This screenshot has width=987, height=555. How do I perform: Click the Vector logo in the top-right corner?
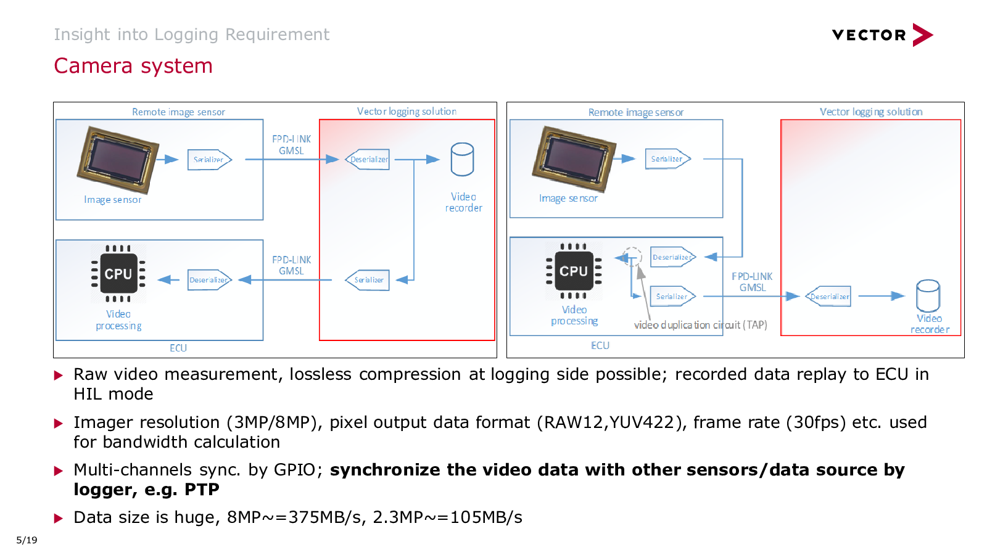tap(882, 35)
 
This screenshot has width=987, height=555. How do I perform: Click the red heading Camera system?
tap(133, 66)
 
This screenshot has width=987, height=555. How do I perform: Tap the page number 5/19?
tap(27, 540)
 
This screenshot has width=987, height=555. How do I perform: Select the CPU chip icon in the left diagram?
tap(118, 274)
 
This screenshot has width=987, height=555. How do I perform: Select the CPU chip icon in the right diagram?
tap(574, 271)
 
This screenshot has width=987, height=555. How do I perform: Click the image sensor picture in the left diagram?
tap(118, 159)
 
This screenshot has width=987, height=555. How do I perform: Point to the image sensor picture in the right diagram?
tap(574, 158)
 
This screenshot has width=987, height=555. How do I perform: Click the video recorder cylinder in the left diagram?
tap(462, 160)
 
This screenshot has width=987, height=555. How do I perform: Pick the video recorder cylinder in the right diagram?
tap(928, 296)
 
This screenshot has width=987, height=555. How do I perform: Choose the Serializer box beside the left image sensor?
tap(209, 160)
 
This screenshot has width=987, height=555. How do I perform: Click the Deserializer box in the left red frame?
tap(368, 160)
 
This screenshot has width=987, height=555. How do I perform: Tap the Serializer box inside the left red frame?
tap(368, 280)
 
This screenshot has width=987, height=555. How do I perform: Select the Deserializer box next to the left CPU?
tap(209, 280)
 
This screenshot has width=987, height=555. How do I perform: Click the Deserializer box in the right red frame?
tap(829, 297)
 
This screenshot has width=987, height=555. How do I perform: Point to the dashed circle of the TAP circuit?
tap(632, 255)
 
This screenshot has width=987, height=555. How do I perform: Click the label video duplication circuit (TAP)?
tap(700, 325)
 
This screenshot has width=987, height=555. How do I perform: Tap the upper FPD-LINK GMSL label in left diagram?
tap(291, 145)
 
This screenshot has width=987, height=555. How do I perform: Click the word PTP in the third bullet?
tap(202, 490)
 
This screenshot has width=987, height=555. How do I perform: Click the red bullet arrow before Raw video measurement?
tap(59, 375)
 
